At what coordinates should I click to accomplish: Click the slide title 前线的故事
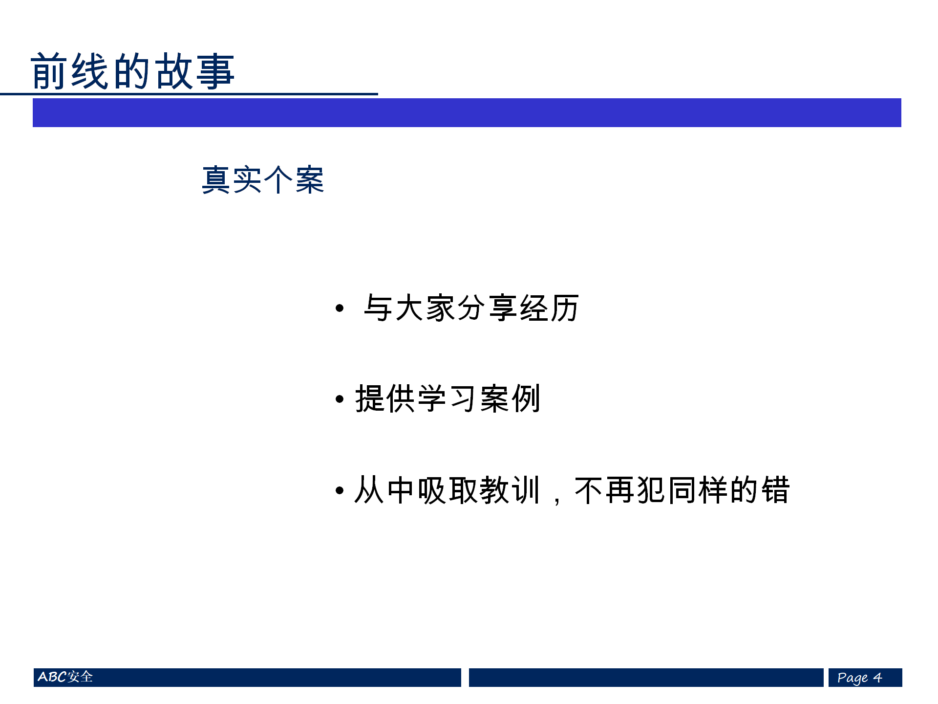(x=132, y=71)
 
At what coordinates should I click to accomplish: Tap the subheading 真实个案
(x=263, y=180)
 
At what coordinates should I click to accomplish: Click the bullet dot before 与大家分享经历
(x=340, y=308)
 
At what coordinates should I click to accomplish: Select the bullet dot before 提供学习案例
(x=340, y=399)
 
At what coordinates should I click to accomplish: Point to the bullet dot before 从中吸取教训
(x=340, y=490)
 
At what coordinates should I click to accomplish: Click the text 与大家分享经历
(x=471, y=308)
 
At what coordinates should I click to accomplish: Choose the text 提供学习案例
(x=448, y=398)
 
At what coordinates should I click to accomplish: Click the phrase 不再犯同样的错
(x=682, y=490)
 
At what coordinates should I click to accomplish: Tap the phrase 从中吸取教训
(x=447, y=490)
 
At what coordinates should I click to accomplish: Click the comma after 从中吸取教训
(x=557, y=500)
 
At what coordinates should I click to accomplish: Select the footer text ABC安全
(x=65, y=677)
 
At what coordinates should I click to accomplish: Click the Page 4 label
(x=859, y=678)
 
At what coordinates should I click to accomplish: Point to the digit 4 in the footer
(x=877, y=678)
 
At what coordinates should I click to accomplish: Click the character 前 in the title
(x=49, y=71)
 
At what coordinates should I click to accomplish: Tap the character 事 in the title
(x=215, y=71)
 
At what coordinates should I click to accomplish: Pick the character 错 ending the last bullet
(x=775, y=490)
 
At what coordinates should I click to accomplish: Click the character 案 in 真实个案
(x=309, y=180)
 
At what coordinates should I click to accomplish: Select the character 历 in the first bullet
(x=565, y=308)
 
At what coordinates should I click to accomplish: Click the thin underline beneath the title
(x=189, y=94)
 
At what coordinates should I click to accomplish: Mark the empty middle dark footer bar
(x=646, y=678)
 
